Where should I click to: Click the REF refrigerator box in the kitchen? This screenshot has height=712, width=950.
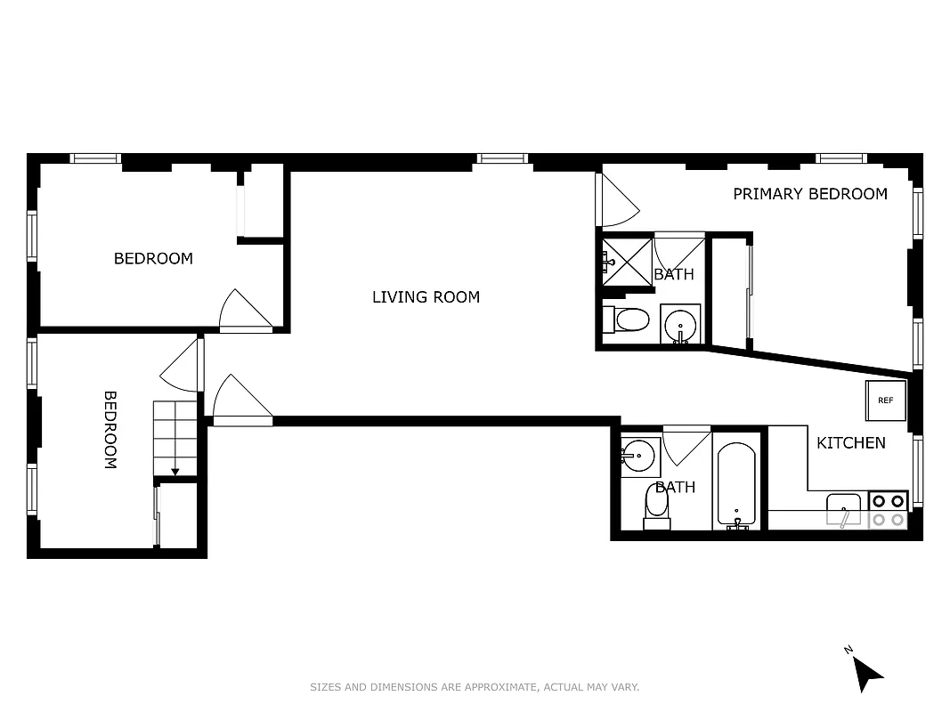coord(886,400)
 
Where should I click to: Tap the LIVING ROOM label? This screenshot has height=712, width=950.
coord(426,297)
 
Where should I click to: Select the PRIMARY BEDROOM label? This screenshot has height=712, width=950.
coord(809,194)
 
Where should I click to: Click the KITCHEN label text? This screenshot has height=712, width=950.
coord(851,442)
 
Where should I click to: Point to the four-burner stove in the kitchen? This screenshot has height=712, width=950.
coord(888,510)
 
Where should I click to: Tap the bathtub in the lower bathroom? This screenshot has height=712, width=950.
coord(736,486)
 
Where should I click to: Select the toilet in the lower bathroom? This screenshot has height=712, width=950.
coord(657,506)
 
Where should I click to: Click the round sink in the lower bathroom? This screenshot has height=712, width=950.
coord(637,456)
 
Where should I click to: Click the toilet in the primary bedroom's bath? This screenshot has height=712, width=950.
coord(628,320)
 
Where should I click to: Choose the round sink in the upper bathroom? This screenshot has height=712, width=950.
coord(681,324)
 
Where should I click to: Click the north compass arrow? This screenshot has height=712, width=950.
coord(865,672)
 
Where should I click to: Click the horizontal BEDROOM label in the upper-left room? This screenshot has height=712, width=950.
coord(153,259)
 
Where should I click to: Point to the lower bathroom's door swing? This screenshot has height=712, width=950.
coord(685,445)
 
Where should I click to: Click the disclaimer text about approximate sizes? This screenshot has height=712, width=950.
coord(475,687)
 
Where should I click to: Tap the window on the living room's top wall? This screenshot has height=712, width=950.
coord(502,158)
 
